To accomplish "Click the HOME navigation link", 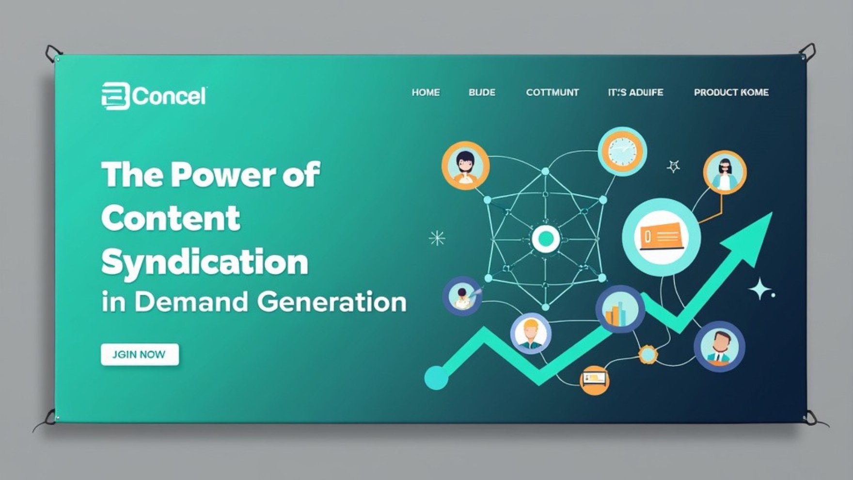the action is point(426,92).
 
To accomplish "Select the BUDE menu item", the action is point(482,92).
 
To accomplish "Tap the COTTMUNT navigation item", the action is point(553,92).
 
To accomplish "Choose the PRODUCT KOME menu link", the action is point(731,92).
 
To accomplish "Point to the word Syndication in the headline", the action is point(205,262).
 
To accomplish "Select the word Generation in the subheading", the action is point(332,302).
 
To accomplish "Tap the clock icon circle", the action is point(622,151).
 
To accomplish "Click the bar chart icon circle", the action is point(620,309).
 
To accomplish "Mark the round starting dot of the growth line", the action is point(436,378).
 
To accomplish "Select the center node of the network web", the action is point(546,239).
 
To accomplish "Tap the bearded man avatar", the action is point(719,346).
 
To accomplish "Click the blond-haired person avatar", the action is point(531,333).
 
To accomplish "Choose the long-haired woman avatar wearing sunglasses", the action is point(725,172).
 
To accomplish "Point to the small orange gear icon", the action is point(648,354).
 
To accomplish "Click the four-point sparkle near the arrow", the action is point(760,289).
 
